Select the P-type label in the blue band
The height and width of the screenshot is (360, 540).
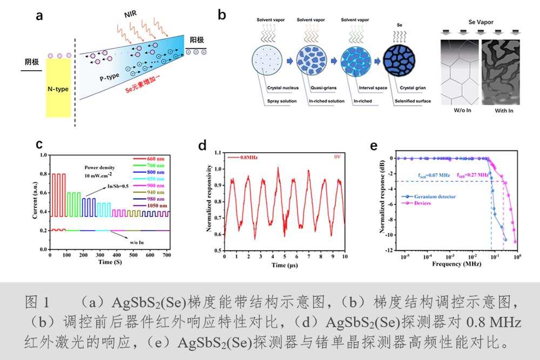point(111,77)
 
